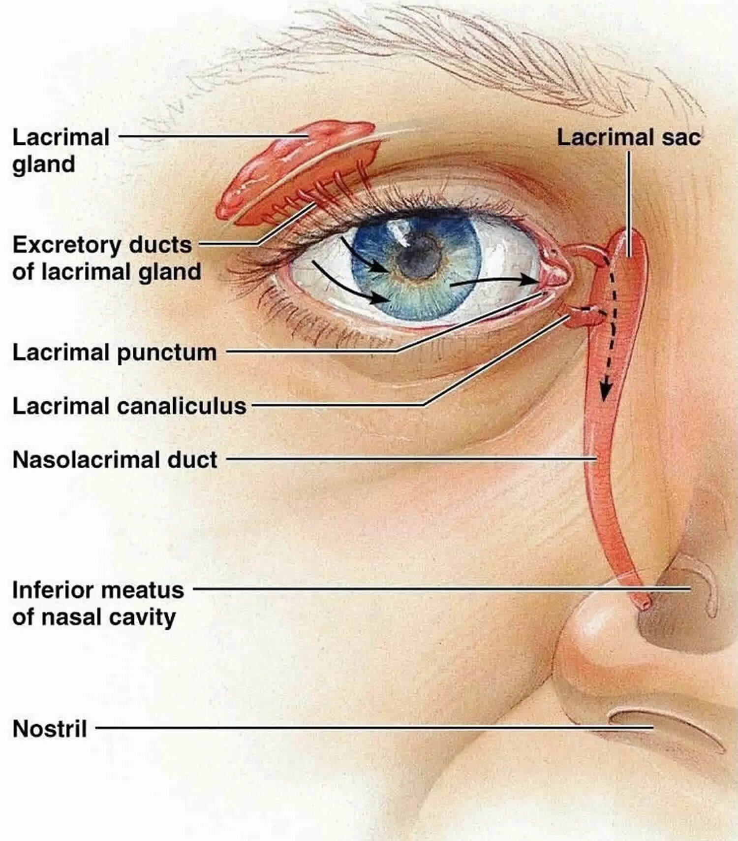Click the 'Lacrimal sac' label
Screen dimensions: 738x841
pyautogui.click(x=628, y=137)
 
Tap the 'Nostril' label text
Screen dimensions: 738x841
pyautogui.click(x=50, y=728)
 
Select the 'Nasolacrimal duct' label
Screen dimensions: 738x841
pyautogui.click(x=115, y=459)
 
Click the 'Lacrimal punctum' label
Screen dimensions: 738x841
pyautogui.click(x=114, y=353)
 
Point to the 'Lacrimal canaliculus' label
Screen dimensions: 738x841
pyautogui.click(x=129, y=406)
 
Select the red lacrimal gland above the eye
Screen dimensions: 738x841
pyautogui.click(x=295, y=167)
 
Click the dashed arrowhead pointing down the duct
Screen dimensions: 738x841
pyautogui.click(x=606, y=391)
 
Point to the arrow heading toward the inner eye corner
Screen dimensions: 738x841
pyautogui.click(x=497, y=281)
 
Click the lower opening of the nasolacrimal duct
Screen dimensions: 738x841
pyautogui.click(x=644, y=601)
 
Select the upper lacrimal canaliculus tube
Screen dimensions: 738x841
pyautogui.click(x=585, y=251)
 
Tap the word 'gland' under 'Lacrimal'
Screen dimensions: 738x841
pyautogui.click(x=44, y=164)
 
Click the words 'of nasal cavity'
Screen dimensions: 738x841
pyautogui.click(x=93, y=617)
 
